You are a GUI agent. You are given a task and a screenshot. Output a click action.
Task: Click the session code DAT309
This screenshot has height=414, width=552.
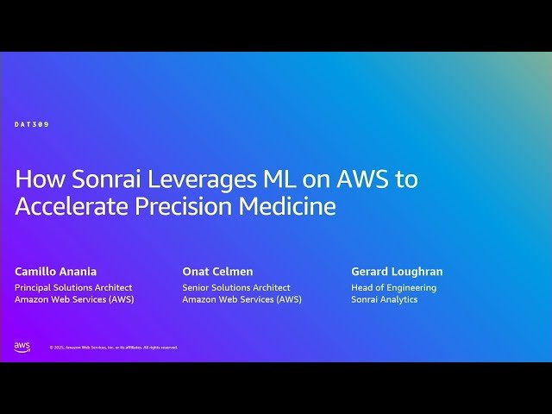tap(32, 124)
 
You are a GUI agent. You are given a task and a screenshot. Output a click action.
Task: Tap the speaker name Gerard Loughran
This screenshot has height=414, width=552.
tap(397, 272)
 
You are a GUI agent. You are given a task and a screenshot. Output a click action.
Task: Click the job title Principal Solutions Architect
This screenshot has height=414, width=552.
tap(73, 287)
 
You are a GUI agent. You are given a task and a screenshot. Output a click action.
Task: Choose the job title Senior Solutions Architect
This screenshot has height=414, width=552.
tap(236, 287)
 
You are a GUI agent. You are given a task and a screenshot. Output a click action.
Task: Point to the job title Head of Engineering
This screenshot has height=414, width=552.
tap(393, 287)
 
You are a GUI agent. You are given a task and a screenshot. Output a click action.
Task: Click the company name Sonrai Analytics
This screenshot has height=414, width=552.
tap(384, 299)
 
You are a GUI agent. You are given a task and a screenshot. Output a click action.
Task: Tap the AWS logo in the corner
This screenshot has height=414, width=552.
tap(22, 347)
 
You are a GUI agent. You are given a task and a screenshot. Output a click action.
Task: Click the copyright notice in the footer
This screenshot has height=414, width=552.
tap(113, 348)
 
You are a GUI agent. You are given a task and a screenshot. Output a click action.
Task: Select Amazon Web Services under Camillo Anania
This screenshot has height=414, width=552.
tap(74, 299)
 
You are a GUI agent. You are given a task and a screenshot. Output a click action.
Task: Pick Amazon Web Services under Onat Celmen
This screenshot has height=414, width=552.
tap(241, 299)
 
